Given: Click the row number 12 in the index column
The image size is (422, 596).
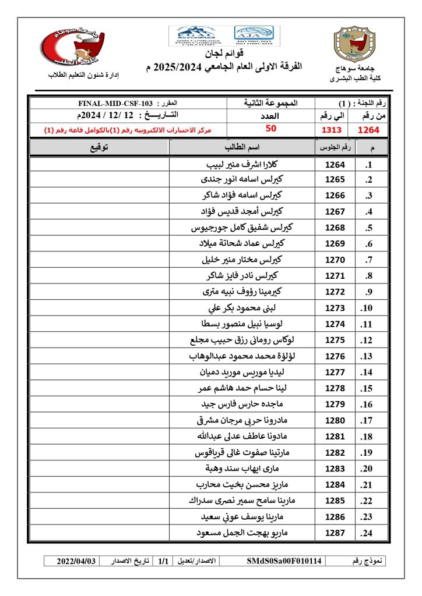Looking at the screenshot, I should click(367, 340).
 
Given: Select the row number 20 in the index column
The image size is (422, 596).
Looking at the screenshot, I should click(367, 469).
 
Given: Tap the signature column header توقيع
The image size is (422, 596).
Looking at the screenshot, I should click(99, 148).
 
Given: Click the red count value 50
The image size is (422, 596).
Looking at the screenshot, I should click(270, 129).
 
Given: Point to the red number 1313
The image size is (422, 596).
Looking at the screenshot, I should click(332, 130).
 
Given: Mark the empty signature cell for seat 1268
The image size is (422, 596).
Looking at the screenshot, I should click(99, 228).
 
